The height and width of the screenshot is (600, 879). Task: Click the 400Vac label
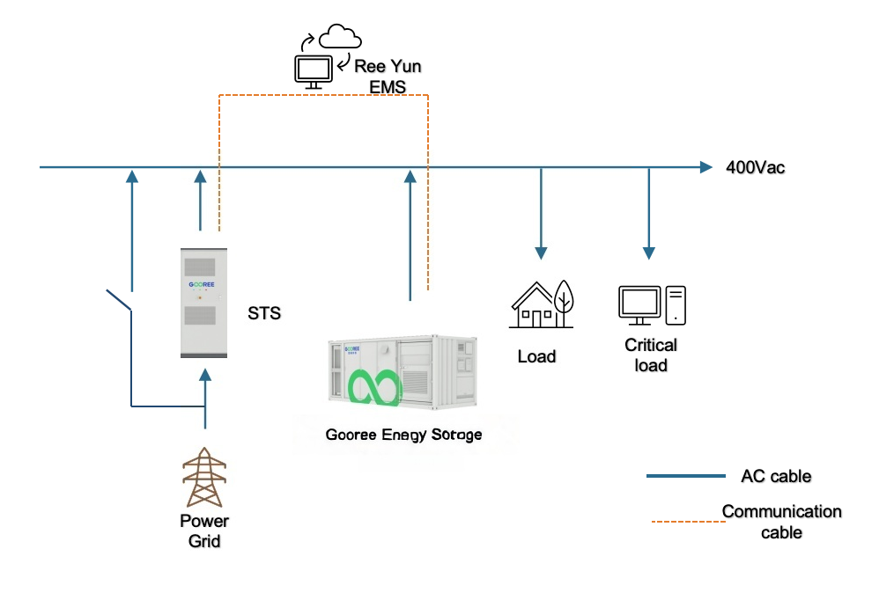[x=755, y=167]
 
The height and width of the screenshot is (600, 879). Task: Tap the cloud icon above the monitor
[x=340, y=38]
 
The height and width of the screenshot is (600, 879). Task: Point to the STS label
[x=264, y=312]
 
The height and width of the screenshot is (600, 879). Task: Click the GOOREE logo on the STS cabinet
[x=203, y=285]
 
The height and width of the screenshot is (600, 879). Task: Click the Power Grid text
[x=204, y=530]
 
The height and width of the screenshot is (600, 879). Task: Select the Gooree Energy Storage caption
[x=403, y=435]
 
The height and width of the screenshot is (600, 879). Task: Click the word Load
[x=536, y=356]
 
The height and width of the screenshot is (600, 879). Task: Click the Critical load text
[x=651, y=355]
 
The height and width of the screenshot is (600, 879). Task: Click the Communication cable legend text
[x=781, y=521]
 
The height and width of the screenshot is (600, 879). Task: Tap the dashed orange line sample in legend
[x=686, y=522]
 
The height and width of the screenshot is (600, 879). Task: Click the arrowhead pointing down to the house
[x=541, y=252]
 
